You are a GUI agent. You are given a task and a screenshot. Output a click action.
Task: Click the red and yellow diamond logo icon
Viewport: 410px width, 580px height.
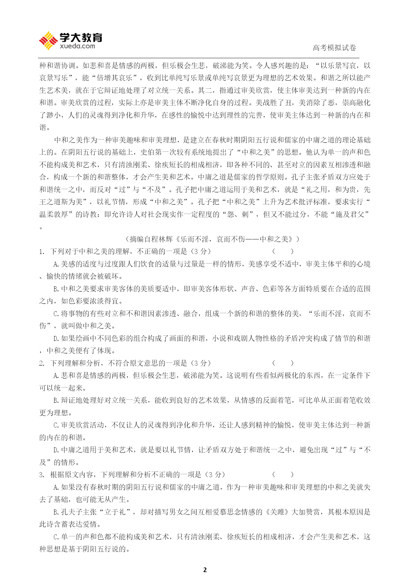point(48,41)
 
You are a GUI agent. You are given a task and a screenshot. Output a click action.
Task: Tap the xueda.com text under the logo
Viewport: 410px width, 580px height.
point(77,46)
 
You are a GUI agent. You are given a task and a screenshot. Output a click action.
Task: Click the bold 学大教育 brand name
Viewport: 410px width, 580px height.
point(81,38)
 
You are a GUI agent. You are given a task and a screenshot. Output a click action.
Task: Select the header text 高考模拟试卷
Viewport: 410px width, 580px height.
point(334,48)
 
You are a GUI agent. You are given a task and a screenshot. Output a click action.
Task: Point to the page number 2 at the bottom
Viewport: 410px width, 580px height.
point(205,570)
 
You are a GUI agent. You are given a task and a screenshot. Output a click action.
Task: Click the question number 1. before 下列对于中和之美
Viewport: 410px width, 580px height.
point(42,252)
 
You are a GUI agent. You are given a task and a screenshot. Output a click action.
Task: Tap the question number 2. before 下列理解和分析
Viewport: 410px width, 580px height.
point(42,363)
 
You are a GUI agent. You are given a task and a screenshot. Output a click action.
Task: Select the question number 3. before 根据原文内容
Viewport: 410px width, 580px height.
point(42,475)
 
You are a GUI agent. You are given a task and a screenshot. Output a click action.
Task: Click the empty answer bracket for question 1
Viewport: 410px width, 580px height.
point(283,252)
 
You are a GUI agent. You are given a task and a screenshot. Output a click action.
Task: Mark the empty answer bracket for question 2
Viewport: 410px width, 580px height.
point(283,363)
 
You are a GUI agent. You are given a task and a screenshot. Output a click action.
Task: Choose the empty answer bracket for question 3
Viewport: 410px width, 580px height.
point(283,475)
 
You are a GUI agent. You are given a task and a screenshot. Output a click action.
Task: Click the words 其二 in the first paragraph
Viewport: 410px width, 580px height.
point(205,90)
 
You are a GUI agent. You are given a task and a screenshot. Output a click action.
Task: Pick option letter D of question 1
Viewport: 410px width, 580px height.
point(56,339)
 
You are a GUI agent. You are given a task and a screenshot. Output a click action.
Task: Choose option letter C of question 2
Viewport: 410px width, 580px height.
point(56,425)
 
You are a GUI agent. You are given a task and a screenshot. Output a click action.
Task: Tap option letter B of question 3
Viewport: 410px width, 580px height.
point(56,512)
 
